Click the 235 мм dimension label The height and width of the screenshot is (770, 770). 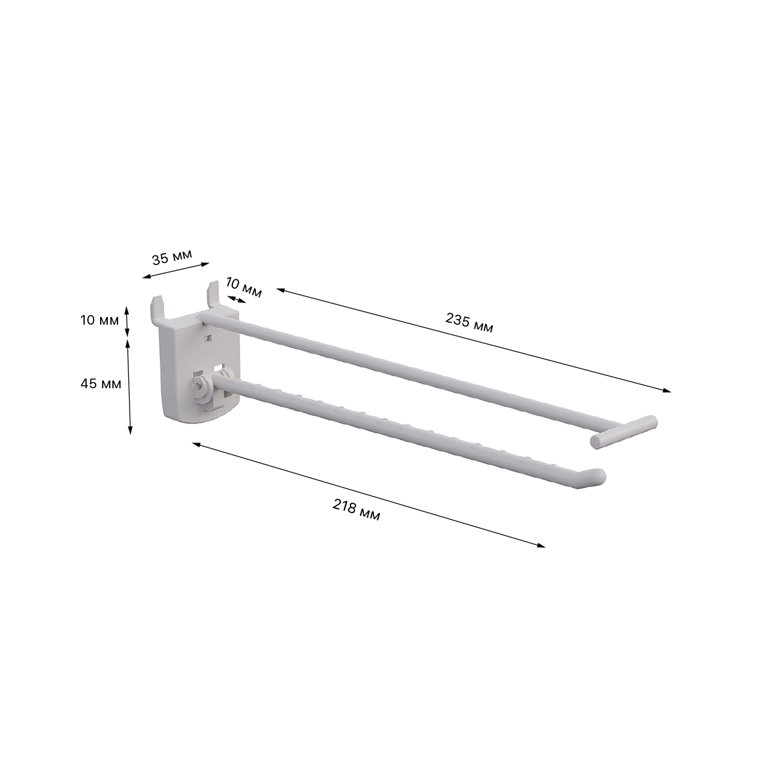[469, 323]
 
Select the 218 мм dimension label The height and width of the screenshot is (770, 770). [356, 510]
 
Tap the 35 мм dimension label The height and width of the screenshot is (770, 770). [172, 257]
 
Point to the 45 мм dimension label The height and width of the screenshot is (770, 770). [101, 384]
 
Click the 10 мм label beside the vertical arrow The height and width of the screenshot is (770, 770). [100, 320]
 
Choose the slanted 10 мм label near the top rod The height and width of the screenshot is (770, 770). [244, 287]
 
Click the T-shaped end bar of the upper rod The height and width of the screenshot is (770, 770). [624, 432]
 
